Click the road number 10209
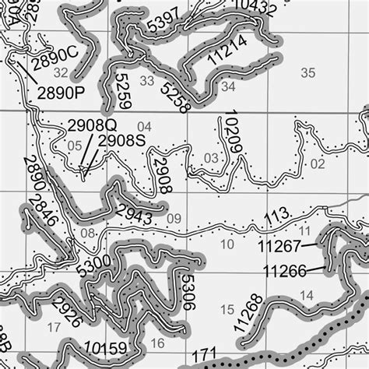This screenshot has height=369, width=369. tap(229, 135)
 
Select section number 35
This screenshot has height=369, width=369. tap(308, 72)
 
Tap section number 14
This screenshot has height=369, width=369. tap(306, 295)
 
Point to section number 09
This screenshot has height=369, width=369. tap(173, 218)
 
